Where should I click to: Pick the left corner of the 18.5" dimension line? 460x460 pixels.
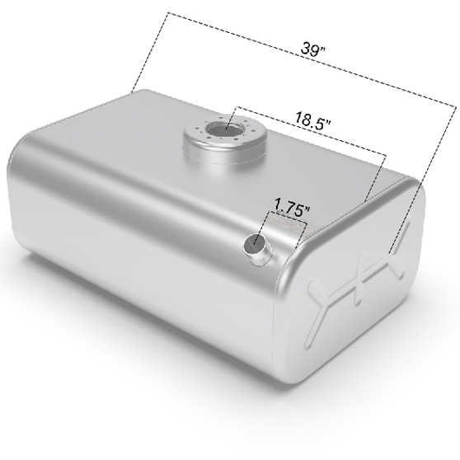coord(237,107)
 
